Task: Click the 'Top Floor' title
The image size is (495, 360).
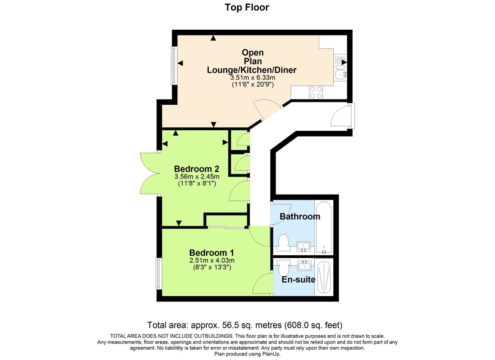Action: pyautogui.click(x=247, y=7)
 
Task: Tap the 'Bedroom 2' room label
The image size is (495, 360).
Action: pyautogui.click(x=196, y=169)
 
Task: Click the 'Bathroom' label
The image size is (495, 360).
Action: pyautogui.click(x=300, y=216)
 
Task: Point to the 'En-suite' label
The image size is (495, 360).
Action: pyautogui.click(x=298, y=280)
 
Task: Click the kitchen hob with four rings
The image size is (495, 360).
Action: pyautogui.click(x=316, y=92)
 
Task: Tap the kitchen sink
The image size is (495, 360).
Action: pyautogui.click(x=341, y=74)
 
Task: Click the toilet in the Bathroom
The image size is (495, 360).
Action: pyautogui.click(x=283, y=243)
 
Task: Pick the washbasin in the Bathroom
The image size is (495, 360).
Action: pyautogui.click(x=304, y=247)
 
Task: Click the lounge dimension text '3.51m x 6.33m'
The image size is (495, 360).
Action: pyautogui.click(x=252, y=78)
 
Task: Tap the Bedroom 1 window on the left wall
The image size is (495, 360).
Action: pyautogui.click(x=158, y=273)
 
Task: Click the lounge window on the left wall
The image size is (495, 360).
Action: pyautogui.click(x=174, y=65)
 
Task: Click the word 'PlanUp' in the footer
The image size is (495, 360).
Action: pyautogui.click(x=270, y=354)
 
